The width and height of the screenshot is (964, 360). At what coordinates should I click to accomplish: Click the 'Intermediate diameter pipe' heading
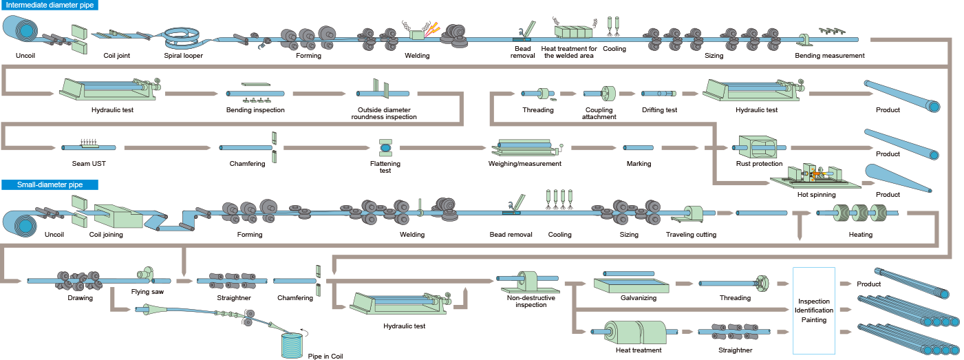[x=50, y=5]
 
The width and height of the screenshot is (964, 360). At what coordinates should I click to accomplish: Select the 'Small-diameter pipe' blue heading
[x=50, y=184]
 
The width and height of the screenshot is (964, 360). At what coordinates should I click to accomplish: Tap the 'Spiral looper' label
[x=183, y=56]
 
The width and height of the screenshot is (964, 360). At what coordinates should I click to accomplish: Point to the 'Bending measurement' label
[x=829, y=56]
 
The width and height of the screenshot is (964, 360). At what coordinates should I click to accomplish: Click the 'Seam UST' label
[x=88, y=164]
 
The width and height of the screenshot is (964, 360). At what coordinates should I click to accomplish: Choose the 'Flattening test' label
[x=385, y=167]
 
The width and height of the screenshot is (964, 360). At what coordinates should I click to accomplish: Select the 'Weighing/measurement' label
[x=524, y=164]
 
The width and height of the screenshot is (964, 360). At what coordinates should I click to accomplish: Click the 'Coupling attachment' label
[x=599, y=114]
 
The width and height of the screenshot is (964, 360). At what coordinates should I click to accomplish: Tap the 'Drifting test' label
[x=659, y=110]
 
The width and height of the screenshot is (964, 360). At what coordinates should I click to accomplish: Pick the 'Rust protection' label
[x=759, y=164]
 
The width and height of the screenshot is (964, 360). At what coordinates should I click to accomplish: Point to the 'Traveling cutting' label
[x=691, y=235]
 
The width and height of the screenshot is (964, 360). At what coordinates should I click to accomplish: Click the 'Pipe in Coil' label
[x=325, y=357]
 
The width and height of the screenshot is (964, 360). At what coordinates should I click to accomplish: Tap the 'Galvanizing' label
[x=638, y=298]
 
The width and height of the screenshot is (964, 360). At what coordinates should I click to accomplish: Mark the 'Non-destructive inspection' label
[x=526, y=301]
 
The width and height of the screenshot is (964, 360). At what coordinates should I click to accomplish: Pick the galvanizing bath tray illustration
[x=631, y=284]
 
